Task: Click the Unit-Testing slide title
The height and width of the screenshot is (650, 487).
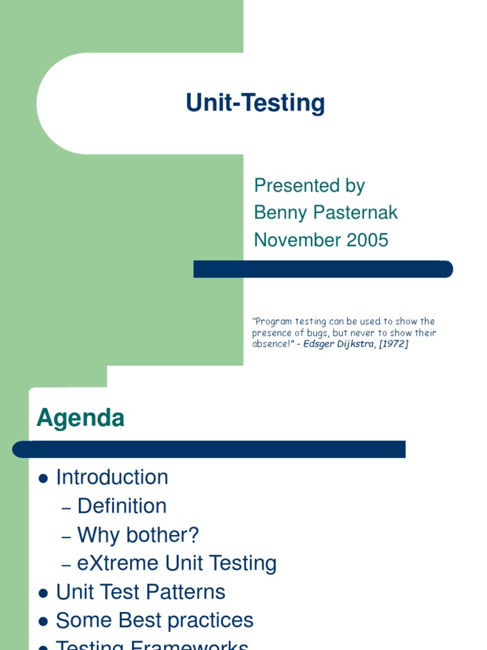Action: [255, 103]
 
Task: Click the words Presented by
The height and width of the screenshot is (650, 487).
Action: [309, 185]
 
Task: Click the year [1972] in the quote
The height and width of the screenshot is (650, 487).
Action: [394, 344]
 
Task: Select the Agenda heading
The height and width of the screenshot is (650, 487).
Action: [81, 418]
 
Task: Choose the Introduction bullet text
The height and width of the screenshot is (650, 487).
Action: [112, 477]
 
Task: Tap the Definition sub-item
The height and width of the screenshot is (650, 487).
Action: [122, 506]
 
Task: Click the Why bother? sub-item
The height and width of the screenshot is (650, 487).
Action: [138, 535]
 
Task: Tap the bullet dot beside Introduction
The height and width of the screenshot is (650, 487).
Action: [43, 479]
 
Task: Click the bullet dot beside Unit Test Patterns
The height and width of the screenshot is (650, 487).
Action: [43, 594]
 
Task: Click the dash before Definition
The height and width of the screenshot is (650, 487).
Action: [67, 508]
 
